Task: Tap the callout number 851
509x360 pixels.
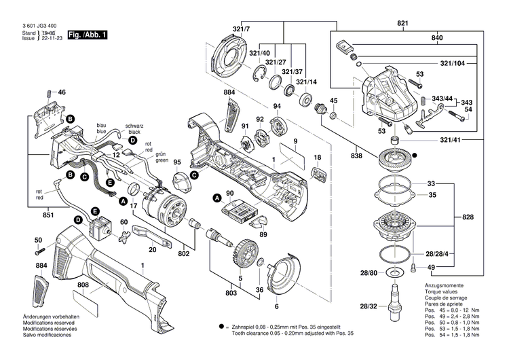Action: (28, 215)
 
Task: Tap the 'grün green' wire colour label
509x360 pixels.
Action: (162, 158)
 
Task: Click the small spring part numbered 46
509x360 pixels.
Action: (48, 92)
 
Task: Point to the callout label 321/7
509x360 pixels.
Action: (241, 30)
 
